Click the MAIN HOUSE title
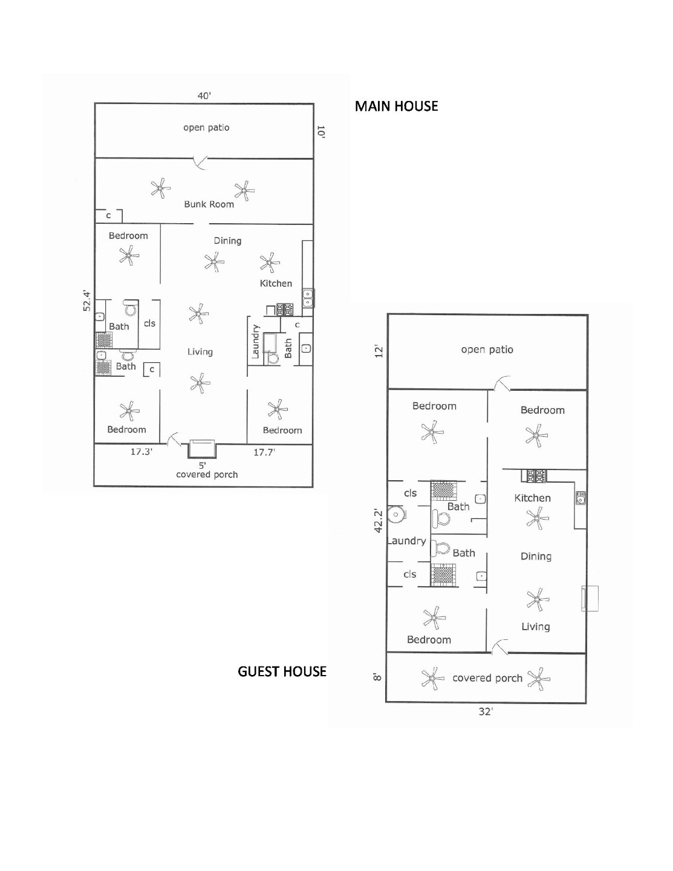click(396, 106)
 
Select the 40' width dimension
click(204, 96)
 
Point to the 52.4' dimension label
click(87, 301)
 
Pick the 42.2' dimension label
click(378, 521)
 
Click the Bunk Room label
click(209, 204)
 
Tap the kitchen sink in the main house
click(308, 298)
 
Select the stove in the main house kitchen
click(284, 310)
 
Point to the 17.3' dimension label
click(141, 452)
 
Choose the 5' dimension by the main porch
click(203, 465)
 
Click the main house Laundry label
click(255, 342)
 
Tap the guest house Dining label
click(536, 556)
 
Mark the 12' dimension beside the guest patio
click(379, 351)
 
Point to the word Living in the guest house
click(536, 627)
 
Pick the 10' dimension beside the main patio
click(321, 132)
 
